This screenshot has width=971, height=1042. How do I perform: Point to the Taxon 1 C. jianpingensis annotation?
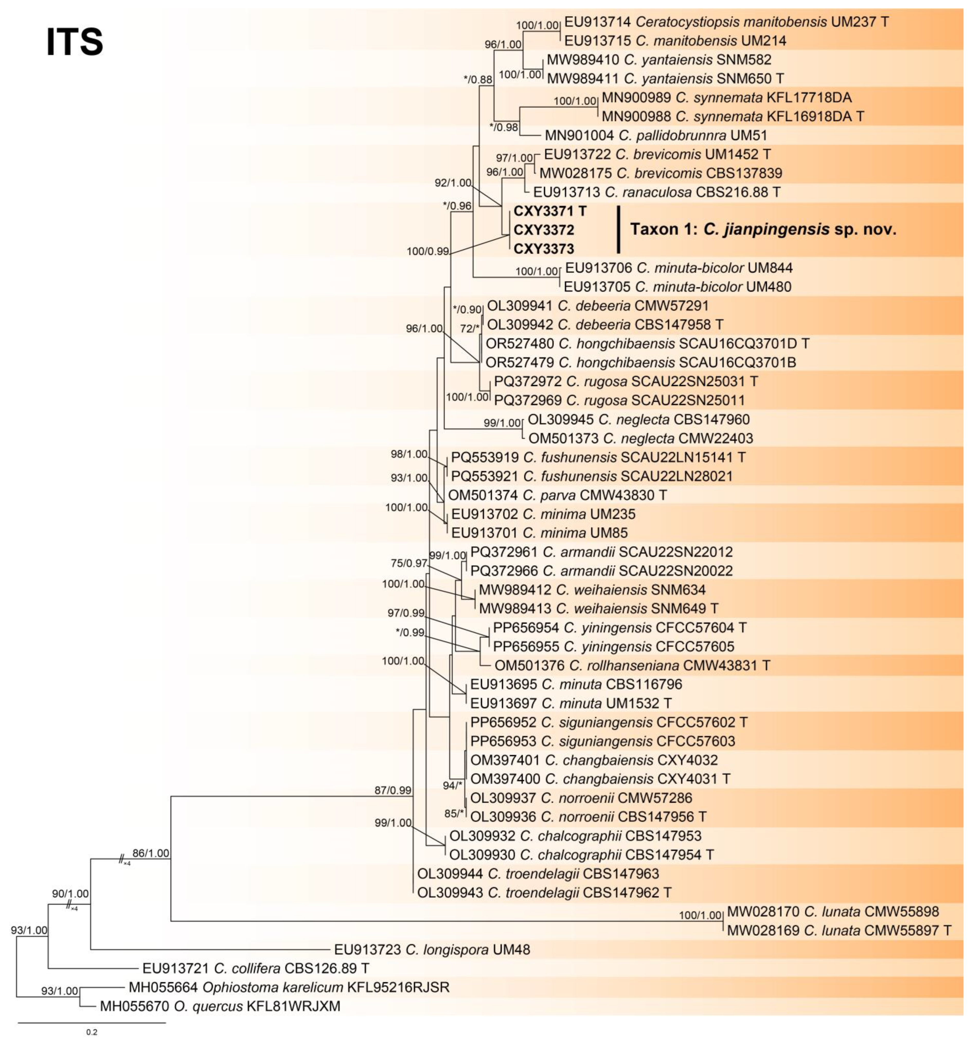(x=763, y=230)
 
